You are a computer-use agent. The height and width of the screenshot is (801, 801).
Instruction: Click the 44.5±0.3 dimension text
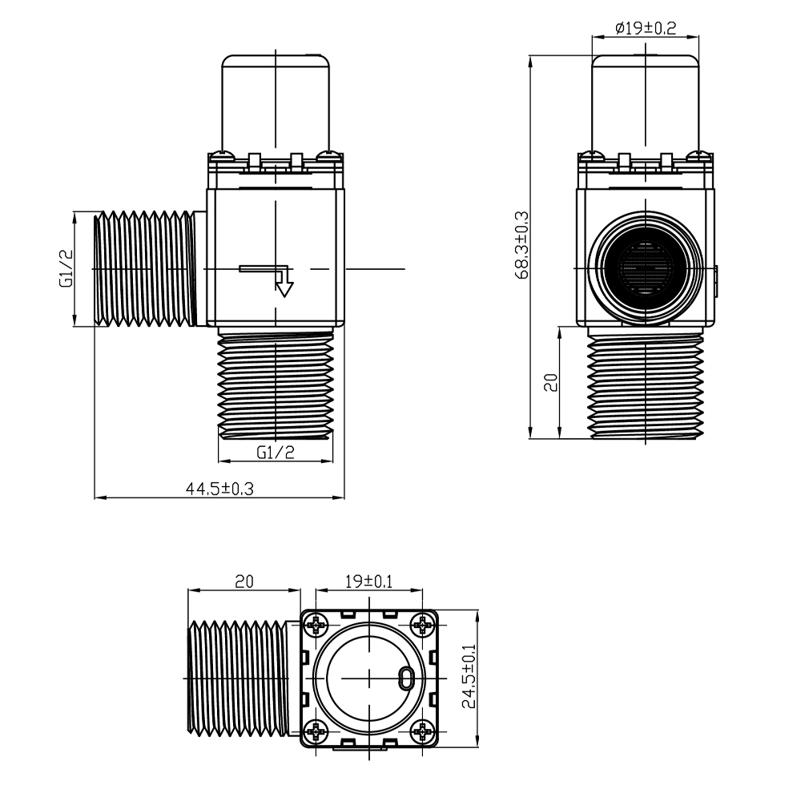click(x=219, y=489)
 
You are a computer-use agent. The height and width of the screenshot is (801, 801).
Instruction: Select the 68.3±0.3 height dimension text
click(x=522, y=245)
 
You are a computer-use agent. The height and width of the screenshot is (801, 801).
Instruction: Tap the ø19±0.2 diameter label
click(x=645, y=27)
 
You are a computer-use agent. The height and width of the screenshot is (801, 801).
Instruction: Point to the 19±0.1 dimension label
click(x=368, y=582)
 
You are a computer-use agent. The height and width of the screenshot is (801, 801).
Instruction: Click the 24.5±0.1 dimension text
click(x=469, y=676)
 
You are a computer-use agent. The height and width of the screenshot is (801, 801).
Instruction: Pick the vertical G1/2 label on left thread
click(x=66, y=268)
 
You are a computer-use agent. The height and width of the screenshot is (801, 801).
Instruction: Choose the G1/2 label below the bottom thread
click(x=276, y=452)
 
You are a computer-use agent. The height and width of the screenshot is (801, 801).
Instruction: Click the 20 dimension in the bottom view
click(x=244, y=582)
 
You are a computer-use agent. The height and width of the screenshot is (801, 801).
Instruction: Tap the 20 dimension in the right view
click(x=551, y=382)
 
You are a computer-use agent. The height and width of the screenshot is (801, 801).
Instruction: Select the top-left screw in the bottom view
click(x=316, y=624)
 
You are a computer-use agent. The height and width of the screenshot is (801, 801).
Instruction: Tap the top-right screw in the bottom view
click(x=422, y=624)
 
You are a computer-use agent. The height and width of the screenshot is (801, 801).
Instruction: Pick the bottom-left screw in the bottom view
click(x=316, y=732)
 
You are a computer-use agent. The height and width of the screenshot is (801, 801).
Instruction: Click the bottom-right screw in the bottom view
click(x=422, y=732)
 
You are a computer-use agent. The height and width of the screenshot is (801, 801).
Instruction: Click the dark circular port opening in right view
click(x=646, y=268)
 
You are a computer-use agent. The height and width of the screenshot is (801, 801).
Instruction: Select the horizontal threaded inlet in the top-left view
click(x=145, y=268)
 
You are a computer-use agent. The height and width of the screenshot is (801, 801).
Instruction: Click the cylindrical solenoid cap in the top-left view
click(x=276, y=103)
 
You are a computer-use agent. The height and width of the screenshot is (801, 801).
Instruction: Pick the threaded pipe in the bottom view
click(x=238, y=678)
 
